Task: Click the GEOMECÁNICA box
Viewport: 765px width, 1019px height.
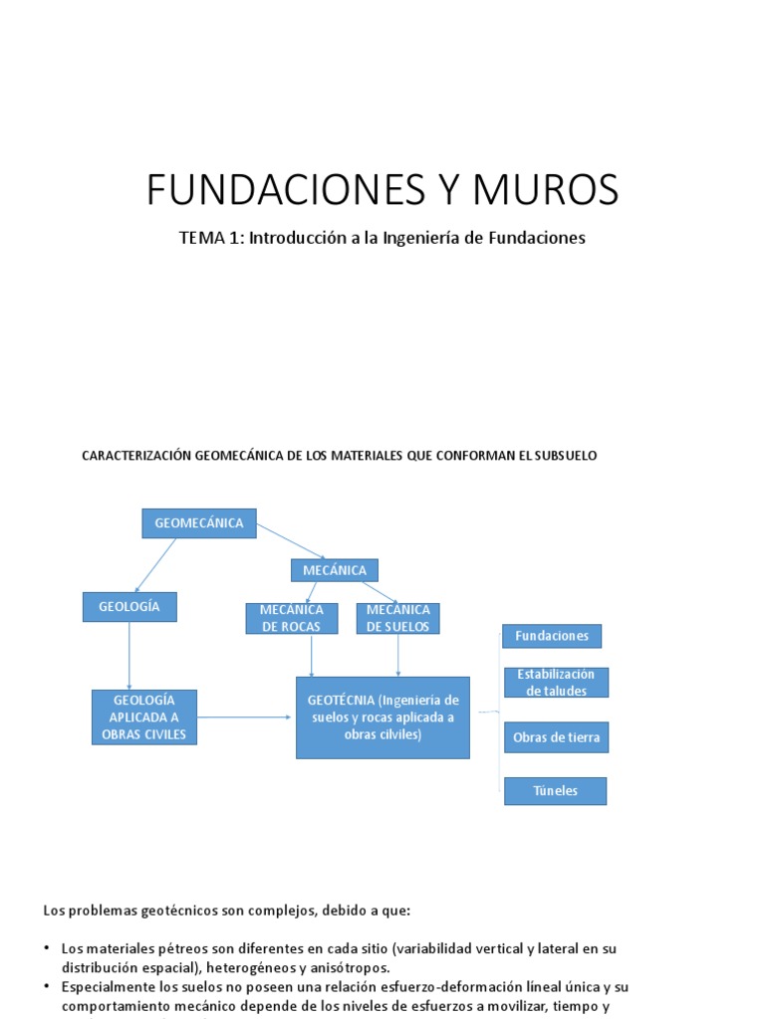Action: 199,523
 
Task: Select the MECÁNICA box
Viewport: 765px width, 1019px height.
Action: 334,570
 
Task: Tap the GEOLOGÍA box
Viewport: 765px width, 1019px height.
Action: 129,607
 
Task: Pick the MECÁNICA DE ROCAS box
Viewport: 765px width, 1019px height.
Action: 290,618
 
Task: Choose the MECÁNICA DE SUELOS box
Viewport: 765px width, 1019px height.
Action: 398,618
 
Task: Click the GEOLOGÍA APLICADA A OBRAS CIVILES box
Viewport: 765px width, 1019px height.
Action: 144,716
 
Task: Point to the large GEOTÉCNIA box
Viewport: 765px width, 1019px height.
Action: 382,717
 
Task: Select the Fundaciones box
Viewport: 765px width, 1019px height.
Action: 552,636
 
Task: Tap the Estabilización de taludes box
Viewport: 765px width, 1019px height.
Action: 556,683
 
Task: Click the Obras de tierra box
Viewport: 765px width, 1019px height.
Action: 556,737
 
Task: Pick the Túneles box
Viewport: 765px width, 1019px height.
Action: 555,791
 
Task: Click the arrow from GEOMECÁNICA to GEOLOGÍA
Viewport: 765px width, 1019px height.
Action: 155,565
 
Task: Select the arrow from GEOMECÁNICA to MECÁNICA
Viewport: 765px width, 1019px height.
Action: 291,541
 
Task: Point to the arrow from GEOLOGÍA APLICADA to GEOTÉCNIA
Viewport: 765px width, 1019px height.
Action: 246,716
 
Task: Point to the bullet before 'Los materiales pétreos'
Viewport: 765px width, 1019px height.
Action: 47,949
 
